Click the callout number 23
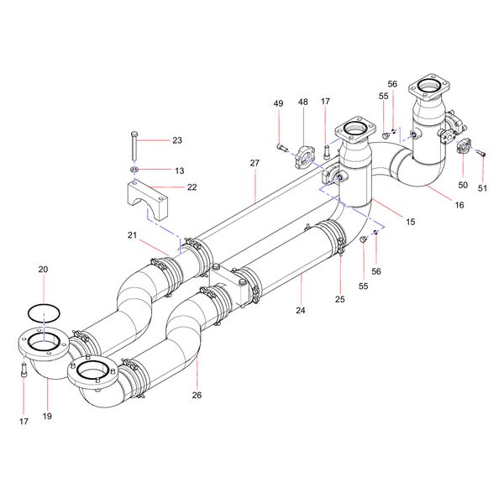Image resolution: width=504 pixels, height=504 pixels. pyautogui.click(x=176, y=140)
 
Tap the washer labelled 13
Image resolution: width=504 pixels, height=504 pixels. pyautogui.click(x=134, y=171)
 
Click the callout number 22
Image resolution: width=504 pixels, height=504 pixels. pyautogui.click(x=192, y=186)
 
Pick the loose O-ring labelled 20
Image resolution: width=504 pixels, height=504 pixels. pyautogui.click(x=44, y=312)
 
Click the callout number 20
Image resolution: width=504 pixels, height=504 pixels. pyautogui.click(x=44, y=270)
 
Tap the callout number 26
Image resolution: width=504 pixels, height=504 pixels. pyautogui.click(x=197, y=395)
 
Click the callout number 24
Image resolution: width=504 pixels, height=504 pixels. pyautogui.click(x=300, y=310)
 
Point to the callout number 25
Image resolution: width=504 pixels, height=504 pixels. pyautogui.click(x=340, y=299)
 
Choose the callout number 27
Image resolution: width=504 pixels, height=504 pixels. pyautogui.click(x=255, y=162)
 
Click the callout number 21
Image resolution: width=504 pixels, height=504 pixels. pyautogui.click(x=132, y=234)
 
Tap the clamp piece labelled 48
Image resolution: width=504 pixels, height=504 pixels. pyautogui.click(x=304, y=155)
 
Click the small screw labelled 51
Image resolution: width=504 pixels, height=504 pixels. pyautogui.click(x=481, y=153)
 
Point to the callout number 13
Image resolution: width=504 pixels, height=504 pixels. pyautogui.click(x=179, y=171)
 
